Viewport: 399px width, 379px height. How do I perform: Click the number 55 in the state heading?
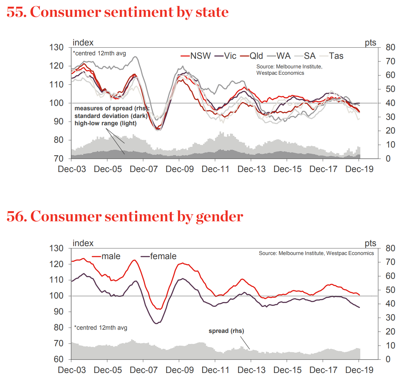(x=16, y=12)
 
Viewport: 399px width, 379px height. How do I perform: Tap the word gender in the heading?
(x=220, y=217)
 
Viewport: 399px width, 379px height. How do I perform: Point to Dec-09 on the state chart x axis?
(x=179, y=169)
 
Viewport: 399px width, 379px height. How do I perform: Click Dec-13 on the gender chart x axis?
(x=251, y=370)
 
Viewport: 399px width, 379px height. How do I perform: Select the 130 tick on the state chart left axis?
(x=56, y=47)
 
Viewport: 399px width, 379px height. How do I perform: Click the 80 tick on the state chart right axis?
(x=390, y=47)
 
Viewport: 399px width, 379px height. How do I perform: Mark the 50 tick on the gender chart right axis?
(x=390, y=290)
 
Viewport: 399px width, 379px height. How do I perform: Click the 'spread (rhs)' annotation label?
(x=226, y=331)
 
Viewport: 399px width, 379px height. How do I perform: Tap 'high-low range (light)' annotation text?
(x=105, y=123)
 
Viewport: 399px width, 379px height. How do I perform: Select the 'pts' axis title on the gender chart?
(x=370, y=244)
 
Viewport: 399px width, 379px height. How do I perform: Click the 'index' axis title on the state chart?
(x=83, y=43)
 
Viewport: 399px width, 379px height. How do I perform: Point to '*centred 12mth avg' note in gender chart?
(x=101, y=328)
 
